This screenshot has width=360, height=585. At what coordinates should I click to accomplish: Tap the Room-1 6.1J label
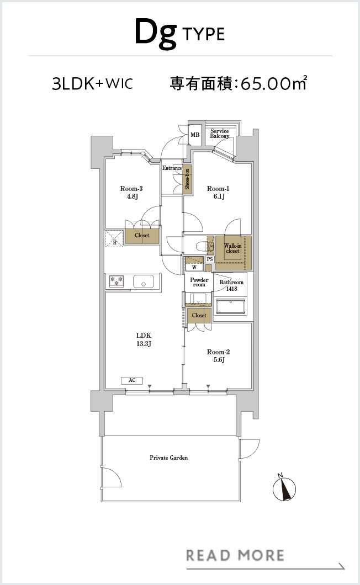pos(218,192)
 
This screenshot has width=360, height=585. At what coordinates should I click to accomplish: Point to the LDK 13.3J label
pos(144,339)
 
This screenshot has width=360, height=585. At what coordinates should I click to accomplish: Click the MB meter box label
pos(195,135)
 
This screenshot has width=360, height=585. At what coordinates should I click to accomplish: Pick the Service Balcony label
pos(220,133)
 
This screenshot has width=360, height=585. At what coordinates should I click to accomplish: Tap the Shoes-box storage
pos(187,179)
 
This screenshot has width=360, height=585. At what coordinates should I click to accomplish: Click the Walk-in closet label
pos(232,248)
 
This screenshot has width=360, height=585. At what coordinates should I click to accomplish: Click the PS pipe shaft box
pos(210,259)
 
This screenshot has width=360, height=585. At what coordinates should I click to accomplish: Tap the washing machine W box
pos(194,267)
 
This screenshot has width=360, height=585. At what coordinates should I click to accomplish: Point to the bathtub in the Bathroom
pos(231,306)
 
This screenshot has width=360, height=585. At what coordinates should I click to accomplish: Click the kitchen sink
pos(144,281)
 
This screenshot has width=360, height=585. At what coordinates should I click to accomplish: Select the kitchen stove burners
pos(117,281)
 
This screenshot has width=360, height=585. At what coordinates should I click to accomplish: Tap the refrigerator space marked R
pos(114,239)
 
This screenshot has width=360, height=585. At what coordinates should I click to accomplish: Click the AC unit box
pos(132,380)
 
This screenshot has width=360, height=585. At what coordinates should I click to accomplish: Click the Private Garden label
pos(169,458)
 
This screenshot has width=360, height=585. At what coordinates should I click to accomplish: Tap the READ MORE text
pos(235,555)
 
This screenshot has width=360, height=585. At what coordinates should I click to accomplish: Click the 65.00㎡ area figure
pos(274,83)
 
